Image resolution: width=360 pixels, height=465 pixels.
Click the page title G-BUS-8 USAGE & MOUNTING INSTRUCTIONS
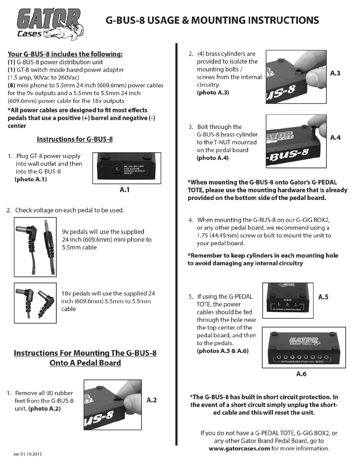coord(212,20)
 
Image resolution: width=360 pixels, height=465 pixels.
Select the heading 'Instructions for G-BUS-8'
coord(75,139)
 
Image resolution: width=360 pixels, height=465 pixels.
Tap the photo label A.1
coord(125,190)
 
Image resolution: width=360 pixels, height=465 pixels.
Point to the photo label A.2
coord(151,400)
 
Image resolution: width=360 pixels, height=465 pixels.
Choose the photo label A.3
coord(336,72)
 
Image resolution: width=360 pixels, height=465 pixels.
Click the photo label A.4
coord(336,138)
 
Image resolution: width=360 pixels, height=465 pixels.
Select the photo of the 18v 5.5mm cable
coord(35,303)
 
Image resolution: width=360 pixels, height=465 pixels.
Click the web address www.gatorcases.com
coord(240,449)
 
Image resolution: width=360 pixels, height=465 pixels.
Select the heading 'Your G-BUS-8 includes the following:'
coord(65,54)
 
